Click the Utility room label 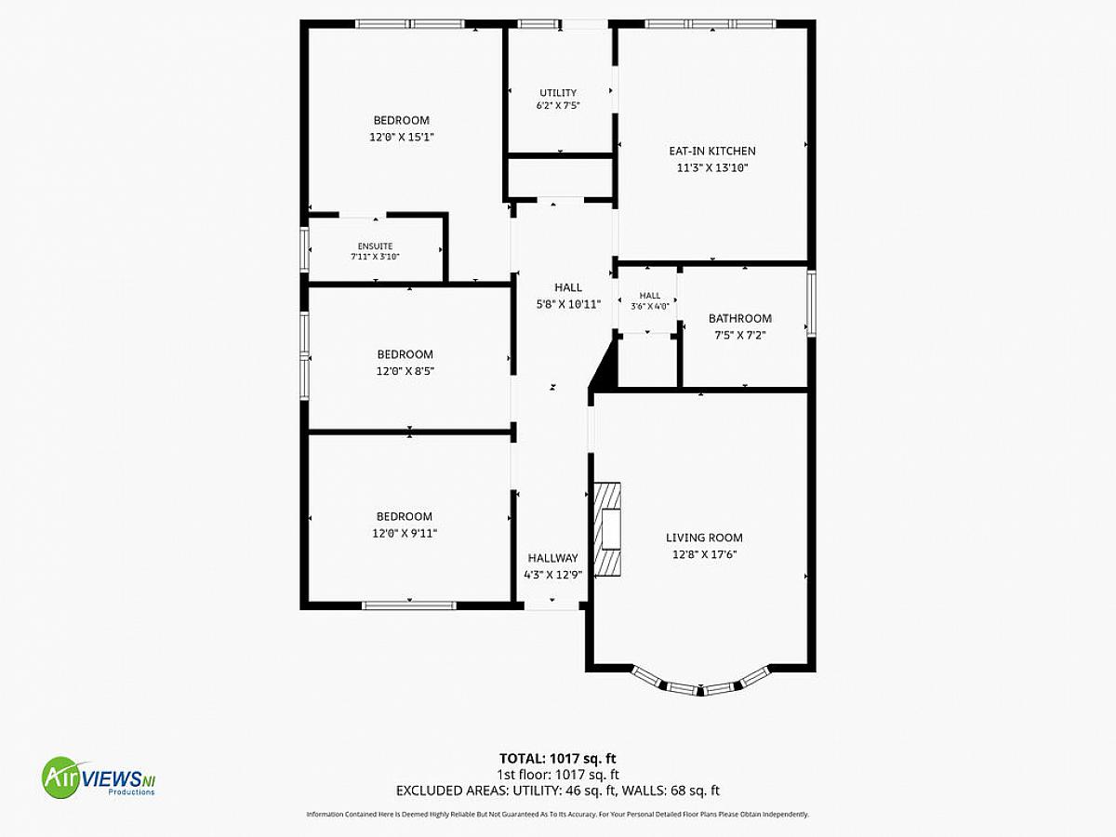(x=558, y=92)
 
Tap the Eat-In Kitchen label (x=712, y=151)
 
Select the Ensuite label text (x=375, y=246)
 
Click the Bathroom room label (x=740, y=319)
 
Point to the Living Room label (x=704, y=538)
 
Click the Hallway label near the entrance (x=552, y=558)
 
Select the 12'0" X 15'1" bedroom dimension (x=402, y=138)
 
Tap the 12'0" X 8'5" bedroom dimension (x=405, y=371)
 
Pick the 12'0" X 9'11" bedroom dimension (x=405, y=534)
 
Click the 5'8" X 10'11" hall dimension (x=568, y=304)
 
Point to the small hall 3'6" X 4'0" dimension (x=650, y=307)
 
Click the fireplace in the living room (x=607, y=528)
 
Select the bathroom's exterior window (x=812, y=303)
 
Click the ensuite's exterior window (x=304, y=249)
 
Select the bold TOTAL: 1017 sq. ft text (x=558, y=758)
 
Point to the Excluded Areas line (x=558, y=790)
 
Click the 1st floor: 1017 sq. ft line (x=558, y=775)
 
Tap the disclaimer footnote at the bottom (x=558, y=814)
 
